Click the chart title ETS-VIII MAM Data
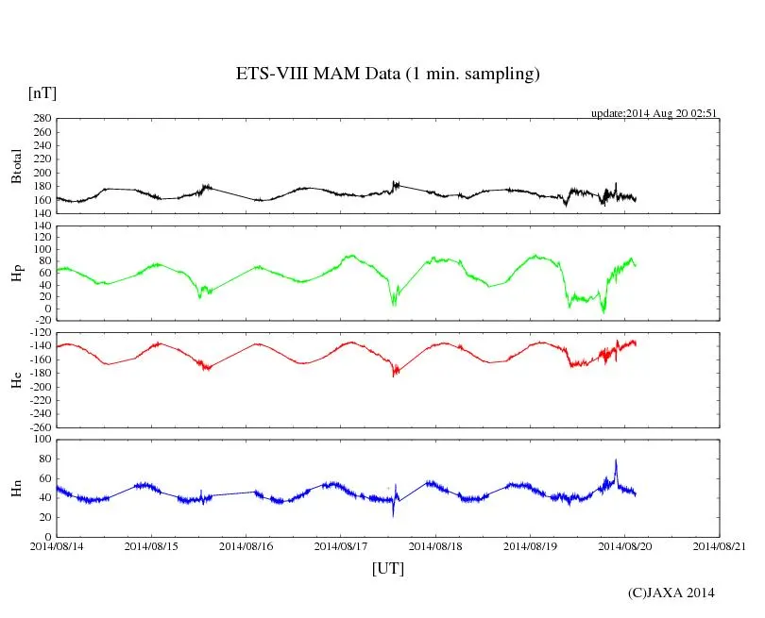click(x=387, y=75)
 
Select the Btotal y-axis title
click(x=16, y=167)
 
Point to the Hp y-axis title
click(x=16, y=274)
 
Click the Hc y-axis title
click(x=16, y=380)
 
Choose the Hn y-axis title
click(x=16, y=487)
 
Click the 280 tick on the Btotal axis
click(x=41, y=120)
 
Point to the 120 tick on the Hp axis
click(x=41, y=226)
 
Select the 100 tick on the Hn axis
click(x=41, y=440)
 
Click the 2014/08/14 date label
click(x=56, y=546)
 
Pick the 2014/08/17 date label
click(x=341, y=546)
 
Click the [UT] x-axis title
click(x=387, y=568)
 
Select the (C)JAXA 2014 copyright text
click(x=671, y=593)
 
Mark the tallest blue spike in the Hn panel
click(x=616, y=461)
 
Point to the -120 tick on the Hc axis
click(x=38, y=333)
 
